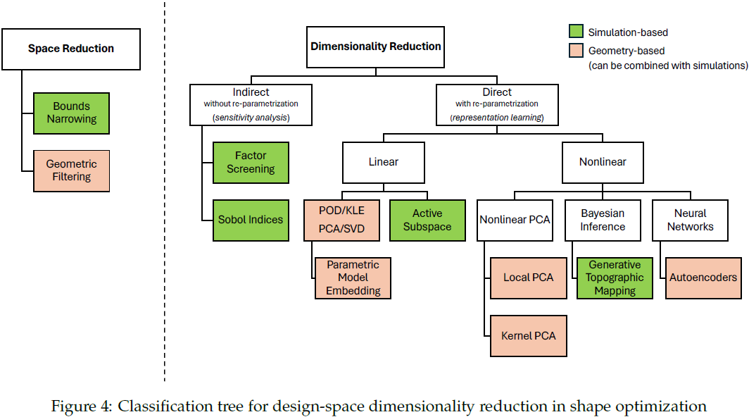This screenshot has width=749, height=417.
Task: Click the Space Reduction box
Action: (70, 49)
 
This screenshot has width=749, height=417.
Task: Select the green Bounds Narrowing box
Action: (71, 113)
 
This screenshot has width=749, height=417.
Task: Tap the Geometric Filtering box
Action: (71, 170)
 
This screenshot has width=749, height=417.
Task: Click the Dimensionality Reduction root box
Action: (376, 47)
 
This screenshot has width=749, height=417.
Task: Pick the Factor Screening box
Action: (251, 162)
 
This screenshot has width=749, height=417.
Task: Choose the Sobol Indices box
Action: (251, 220)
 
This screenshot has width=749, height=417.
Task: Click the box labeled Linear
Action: (383, 162)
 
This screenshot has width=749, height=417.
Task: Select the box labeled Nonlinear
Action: (603, 162)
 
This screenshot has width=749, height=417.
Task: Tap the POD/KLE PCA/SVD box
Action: (342, 220)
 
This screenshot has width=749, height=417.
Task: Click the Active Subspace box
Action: (427, 220)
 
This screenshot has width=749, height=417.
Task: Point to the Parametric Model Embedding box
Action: (353, 278)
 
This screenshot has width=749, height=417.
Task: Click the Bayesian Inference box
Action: (603, 220)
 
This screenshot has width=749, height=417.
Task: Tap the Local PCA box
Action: (528, 278)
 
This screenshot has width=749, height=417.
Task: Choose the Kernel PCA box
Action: (528, 335)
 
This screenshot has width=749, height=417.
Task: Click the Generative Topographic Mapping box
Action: (615, 278)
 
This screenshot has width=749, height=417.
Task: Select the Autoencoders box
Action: (703, 278)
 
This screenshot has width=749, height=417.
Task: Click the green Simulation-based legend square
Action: (575, 32)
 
